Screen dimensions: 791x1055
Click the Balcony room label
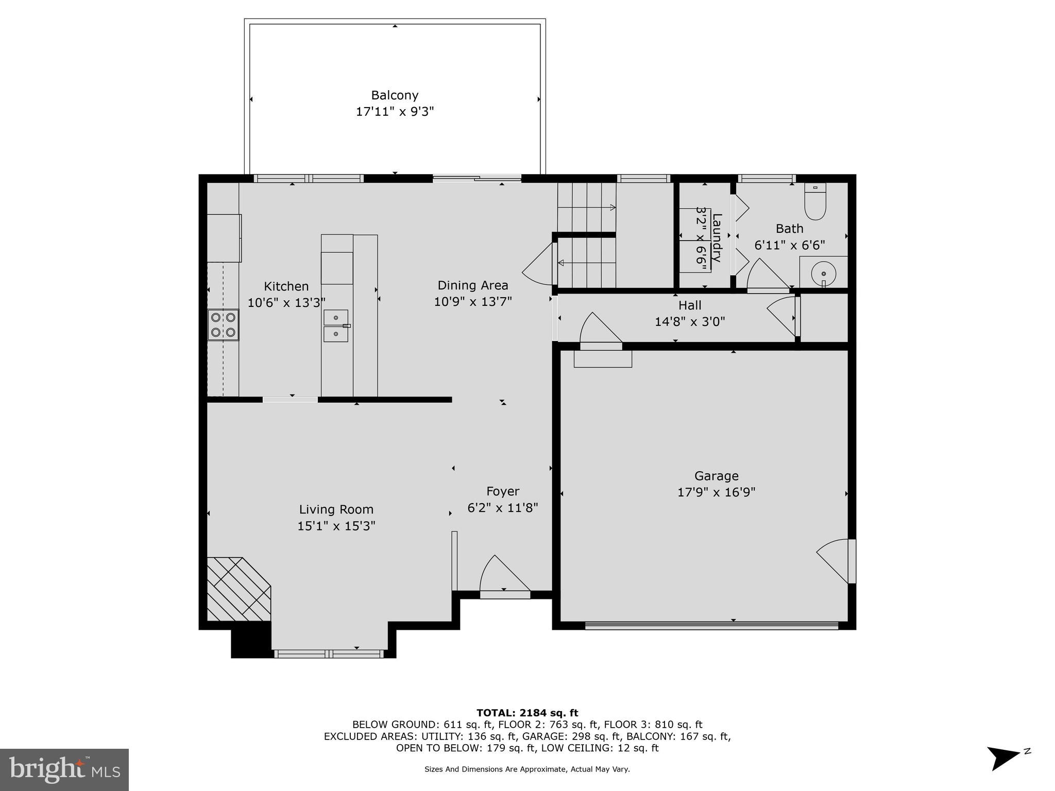(x=395, y=95)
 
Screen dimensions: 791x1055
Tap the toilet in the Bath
(x=815, y=202)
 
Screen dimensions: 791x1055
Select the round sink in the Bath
(x=823, y=272)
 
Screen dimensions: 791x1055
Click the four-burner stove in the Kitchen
(x=223, y=325)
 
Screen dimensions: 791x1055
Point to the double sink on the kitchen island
(x=336, y=325)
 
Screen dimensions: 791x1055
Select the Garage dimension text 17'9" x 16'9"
(x=716, y=492)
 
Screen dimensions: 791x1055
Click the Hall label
(x=690, y=305)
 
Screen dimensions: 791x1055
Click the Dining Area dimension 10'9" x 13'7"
(x=472, y=302)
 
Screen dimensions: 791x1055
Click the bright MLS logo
(x=64, y=769)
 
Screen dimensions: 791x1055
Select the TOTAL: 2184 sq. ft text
(x=527, y=713)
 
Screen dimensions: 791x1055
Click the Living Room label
(x=336, y=509)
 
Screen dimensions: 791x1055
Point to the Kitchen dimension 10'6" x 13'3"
(x=286, y=303)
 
